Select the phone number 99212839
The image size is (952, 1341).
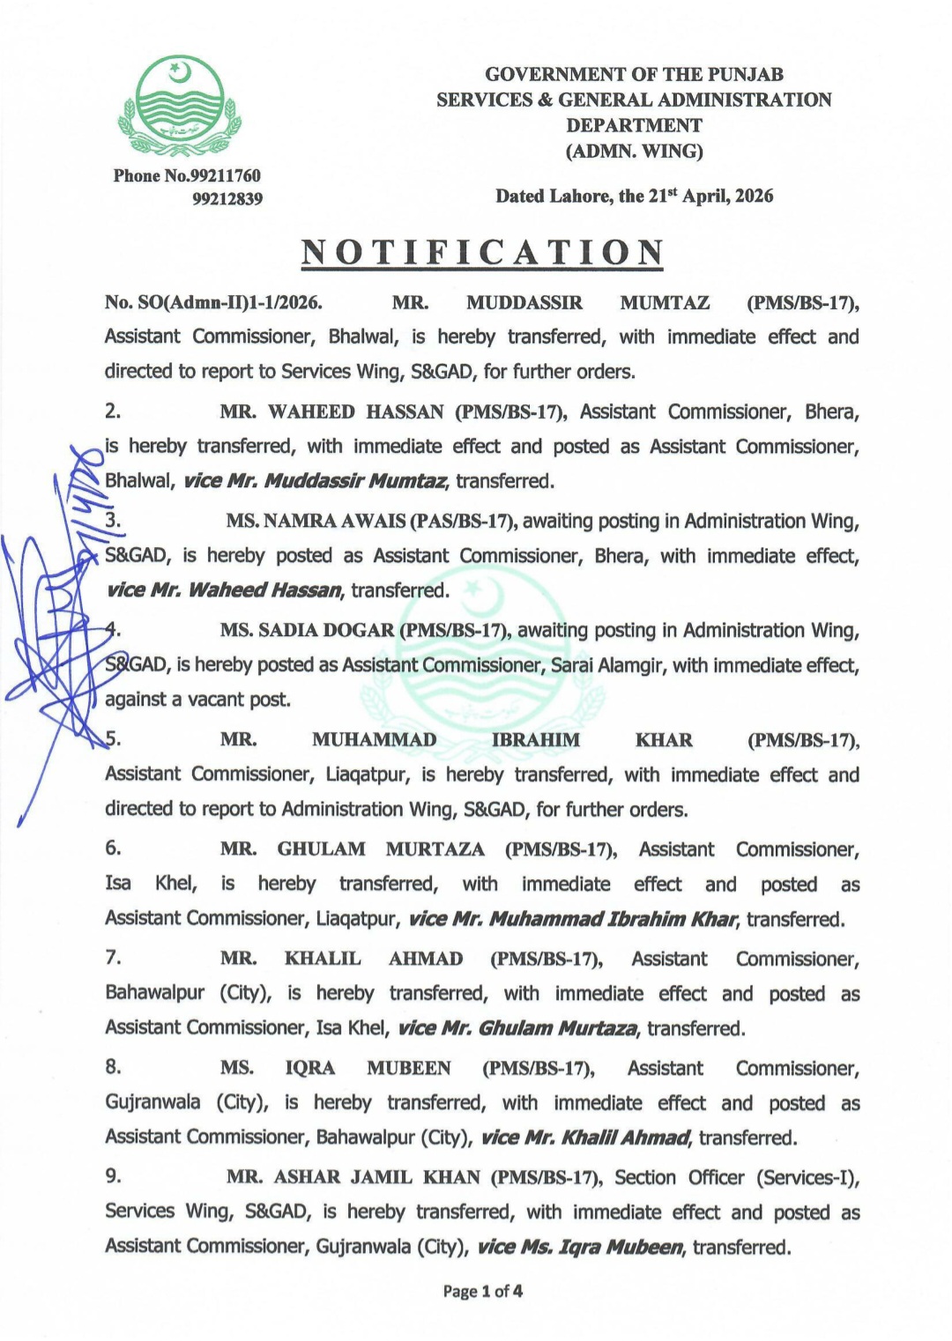pyautogui.click(x=227, y=199)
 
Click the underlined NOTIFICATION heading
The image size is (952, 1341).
pyautogui.click(x=482, y=253)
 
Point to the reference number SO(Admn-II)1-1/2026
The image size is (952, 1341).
pyautogui.click(x=213, y=303)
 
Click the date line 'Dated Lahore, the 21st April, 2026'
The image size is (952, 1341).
pyautogui.click(x=634, y=196)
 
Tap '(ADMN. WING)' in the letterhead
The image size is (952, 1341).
pyautogui.click(x=634, y=151)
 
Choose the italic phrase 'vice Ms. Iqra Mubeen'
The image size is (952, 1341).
pyautogui.click(x=580, y=1247)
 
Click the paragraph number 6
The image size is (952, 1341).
pyautogui.click(x=113, y=848)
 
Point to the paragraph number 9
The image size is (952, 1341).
pyautogui.click(x=113, y=1175)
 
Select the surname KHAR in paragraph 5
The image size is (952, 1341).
pyautogui.click(x=664, y=740)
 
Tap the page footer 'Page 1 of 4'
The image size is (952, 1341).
pyautogui.click(x=482, y=1292)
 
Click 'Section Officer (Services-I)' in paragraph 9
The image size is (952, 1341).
pyautogui.click(x=736, y=1177)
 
